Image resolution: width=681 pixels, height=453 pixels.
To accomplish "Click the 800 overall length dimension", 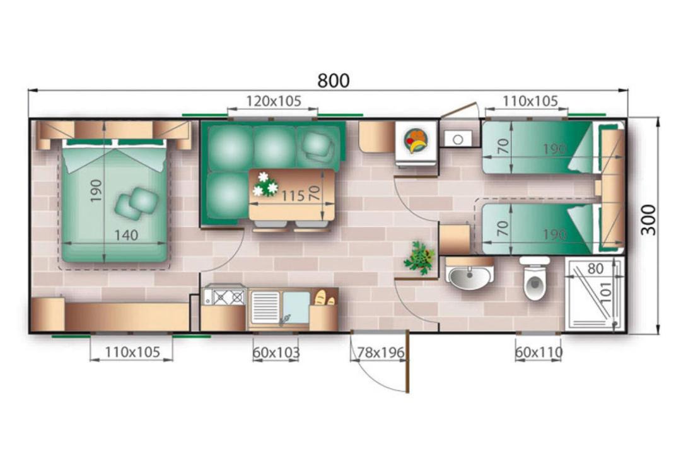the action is pos(333,81).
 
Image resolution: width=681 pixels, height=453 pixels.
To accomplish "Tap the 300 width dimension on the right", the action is pos(649,219).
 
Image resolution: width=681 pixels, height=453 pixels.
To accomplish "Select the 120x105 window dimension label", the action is pos(274,101).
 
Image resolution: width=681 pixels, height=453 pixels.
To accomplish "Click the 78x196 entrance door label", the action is pos(381,353).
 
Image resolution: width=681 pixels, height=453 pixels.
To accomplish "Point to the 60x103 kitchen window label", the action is pos(276,353).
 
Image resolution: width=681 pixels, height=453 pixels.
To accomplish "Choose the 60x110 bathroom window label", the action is pos(538,353).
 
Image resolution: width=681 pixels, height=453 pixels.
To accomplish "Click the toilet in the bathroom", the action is pos(535,278).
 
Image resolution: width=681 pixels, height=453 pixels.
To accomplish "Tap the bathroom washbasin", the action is pos(470,274).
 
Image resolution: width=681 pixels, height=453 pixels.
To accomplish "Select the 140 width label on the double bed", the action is pos(126,236).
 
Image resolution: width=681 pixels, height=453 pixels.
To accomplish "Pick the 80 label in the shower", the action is pos(595,269).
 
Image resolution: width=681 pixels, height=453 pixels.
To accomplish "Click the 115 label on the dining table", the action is pos(293,196).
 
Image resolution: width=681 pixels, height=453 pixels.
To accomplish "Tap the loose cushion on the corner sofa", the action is pos(319,146).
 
